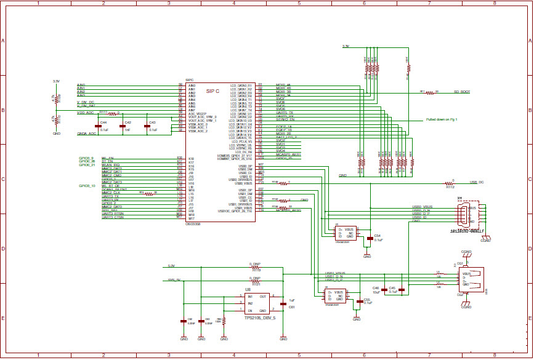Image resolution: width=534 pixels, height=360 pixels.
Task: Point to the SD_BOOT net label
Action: click(462, 92)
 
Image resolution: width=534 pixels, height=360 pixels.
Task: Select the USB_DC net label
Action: click(477, 182)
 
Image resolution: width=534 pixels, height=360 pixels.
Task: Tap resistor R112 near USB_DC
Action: click(449, 183)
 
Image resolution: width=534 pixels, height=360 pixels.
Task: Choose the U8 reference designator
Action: click(248, 289)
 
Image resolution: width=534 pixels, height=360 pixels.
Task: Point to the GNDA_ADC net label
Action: click(86, 133)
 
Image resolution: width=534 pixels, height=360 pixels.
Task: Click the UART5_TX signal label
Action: click(285, 113)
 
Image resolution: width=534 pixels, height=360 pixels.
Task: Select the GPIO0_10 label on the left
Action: click(87, 185)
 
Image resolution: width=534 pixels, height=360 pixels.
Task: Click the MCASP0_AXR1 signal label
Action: click(288, 154)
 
